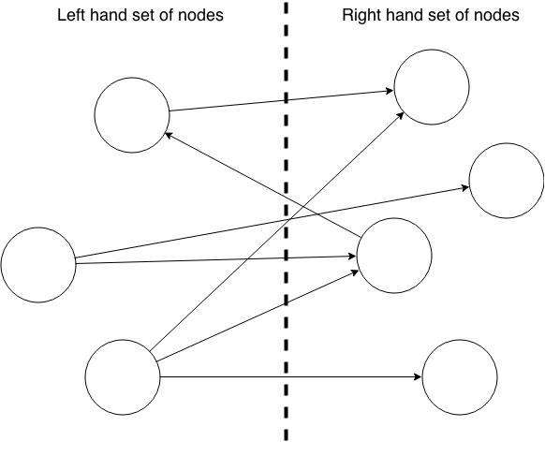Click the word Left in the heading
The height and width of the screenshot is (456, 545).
[x=72, y=16]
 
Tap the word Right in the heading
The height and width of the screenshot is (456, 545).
[x=361, y=16]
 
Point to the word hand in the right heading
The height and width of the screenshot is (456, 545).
[x=405, y=16]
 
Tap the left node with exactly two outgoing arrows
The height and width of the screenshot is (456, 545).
[x=37, y=264]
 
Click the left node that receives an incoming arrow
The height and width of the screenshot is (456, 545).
[x=131, y=115]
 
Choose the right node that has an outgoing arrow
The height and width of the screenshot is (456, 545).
[x=393, y=256]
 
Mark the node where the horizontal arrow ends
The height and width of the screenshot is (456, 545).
[x=460, y=377]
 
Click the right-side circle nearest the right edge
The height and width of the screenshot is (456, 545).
[x=506, y=181]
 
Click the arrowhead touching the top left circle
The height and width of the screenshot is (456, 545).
[x=169, y=136]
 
